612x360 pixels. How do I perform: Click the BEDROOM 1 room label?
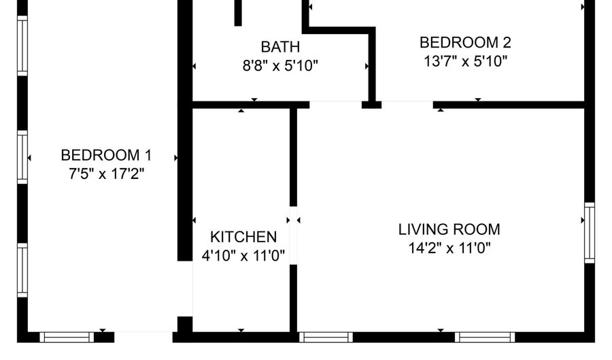tap(106, 155)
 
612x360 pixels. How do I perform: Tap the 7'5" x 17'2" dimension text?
tap(107, 174)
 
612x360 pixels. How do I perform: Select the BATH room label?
tap(280, 47)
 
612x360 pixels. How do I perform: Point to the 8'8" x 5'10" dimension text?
tap(280, 65)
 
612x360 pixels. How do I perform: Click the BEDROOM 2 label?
tap(465, 42)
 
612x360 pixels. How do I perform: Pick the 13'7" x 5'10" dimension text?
tap(465, 61)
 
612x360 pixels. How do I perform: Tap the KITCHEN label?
tap(243, 237)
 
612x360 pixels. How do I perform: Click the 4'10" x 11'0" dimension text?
tap(243, 256)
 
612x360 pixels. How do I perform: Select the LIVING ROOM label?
tap(449, 229)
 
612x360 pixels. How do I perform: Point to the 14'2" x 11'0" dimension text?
tap(449, 248)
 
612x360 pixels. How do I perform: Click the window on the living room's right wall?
tap(590, 233)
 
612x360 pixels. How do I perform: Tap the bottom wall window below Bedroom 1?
tap(67, 338)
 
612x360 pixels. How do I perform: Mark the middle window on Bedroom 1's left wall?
tap(22, 157)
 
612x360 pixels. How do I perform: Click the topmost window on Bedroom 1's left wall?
tap(22, 46)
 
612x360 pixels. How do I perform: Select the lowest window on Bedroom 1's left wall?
tap(22, 270)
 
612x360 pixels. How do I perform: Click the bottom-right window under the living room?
tap(485, 338)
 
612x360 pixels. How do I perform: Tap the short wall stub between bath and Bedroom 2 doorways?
tap(371, 105)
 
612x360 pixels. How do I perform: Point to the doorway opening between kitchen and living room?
tap(293, 235)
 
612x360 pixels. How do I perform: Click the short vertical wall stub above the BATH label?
tap(238, 13)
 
